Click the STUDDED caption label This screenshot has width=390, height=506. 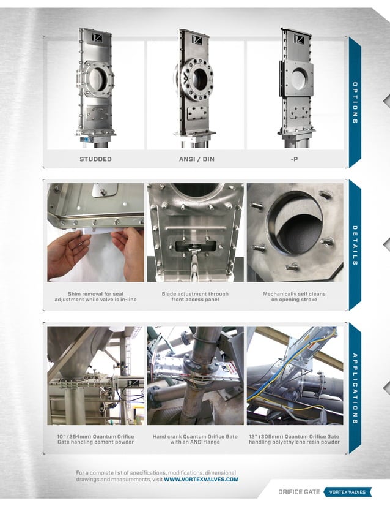[95, 159]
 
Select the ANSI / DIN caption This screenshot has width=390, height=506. [196, 159]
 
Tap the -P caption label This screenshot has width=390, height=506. [295, 159]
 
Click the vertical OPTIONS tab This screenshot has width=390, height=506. [355, 102]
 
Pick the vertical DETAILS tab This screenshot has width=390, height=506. [355, 245]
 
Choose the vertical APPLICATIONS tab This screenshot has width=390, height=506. [355, 388]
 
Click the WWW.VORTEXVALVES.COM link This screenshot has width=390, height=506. [201, 480]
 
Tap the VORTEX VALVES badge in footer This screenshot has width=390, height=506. [347, 492]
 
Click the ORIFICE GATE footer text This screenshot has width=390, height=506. [298, 492]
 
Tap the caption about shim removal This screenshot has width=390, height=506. [95, 297]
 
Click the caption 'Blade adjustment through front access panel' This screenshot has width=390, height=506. [195, 297]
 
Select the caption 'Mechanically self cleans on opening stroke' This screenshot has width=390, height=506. [294, 297]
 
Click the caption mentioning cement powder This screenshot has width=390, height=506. [95, 440]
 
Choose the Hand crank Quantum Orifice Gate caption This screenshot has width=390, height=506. [195, 440]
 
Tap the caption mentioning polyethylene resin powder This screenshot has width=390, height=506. [294, 440]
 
